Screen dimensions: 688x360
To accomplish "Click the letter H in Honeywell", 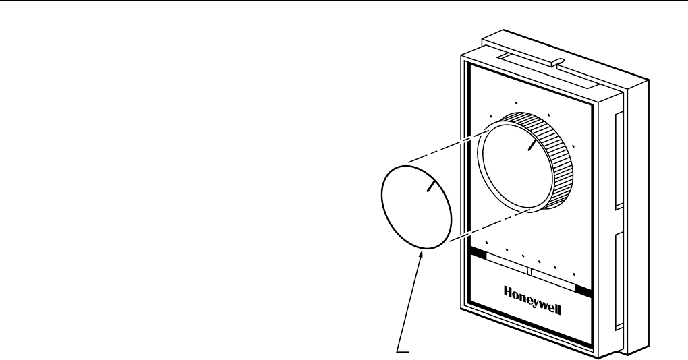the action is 507,292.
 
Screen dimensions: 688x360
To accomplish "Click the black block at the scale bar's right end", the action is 583,290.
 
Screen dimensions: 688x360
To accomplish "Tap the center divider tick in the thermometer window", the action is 529,271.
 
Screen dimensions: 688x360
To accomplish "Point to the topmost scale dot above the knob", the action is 516,102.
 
